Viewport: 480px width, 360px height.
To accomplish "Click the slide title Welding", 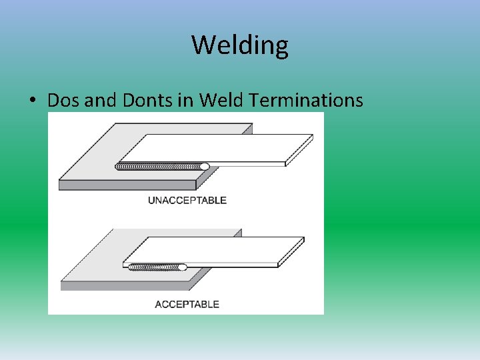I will (x=240, y=45).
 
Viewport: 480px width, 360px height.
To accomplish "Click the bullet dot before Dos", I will (x=32, y=101).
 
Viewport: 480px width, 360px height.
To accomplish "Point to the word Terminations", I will (x=306, y=101).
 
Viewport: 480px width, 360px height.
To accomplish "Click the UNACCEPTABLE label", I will (x=187, y=200).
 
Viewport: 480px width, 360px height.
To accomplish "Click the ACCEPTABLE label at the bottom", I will (x=187, y=304).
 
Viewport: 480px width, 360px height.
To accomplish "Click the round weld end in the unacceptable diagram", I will (x=204, y=167).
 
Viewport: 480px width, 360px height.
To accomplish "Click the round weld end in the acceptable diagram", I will (x=182, y=267).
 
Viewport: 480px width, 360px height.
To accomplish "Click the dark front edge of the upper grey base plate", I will (x=127, y=185).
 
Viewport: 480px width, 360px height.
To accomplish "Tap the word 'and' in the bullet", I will (x=101, y=101).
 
